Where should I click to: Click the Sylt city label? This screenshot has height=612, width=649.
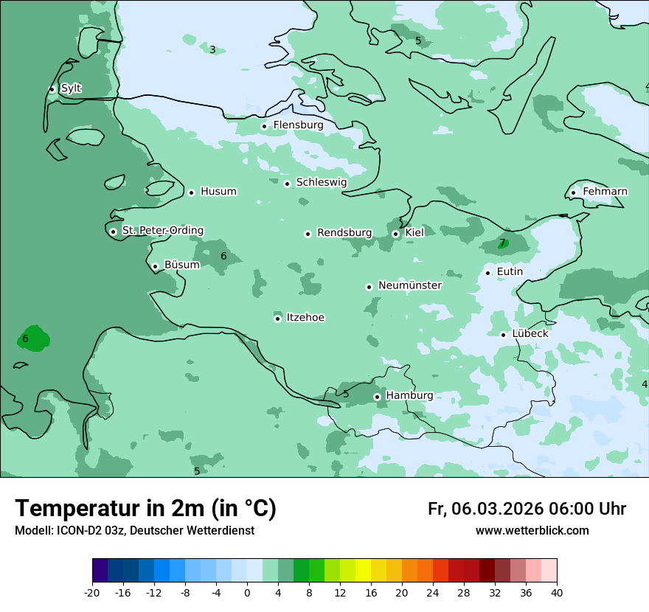tap(71, 88)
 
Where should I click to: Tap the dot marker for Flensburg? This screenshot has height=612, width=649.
tap(264, 126)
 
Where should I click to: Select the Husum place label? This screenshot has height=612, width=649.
tap(218, 192)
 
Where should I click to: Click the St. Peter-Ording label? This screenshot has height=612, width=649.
tap(162, 231)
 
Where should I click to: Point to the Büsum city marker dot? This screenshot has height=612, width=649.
tap(155, 266)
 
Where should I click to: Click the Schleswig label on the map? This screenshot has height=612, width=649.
tap(321, 182)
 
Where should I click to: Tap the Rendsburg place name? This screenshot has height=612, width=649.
tap(344, 233)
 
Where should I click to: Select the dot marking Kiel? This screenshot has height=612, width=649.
tap(395, 234)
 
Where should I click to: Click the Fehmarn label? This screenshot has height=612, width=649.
tap(605, 192)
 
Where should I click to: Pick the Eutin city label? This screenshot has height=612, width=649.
tap(510, 272)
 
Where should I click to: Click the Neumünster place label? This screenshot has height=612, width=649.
tap(410, 285)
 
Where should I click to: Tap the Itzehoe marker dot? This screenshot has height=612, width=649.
tap(277, 319)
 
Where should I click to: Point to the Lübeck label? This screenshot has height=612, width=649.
tap(530, 333)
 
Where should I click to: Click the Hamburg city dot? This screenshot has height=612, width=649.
tap(377, 397)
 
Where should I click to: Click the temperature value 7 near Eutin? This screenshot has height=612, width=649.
tap(502, 243)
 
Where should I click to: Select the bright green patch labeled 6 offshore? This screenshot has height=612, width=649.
tap(33, 338)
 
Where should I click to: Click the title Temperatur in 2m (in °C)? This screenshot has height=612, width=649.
tap(145, 508)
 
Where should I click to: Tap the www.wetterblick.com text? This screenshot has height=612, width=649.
tap(532, 531)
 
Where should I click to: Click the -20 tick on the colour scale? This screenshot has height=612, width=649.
tap(92, 592)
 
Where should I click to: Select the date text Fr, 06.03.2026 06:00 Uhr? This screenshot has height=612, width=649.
tap(527, 509)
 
